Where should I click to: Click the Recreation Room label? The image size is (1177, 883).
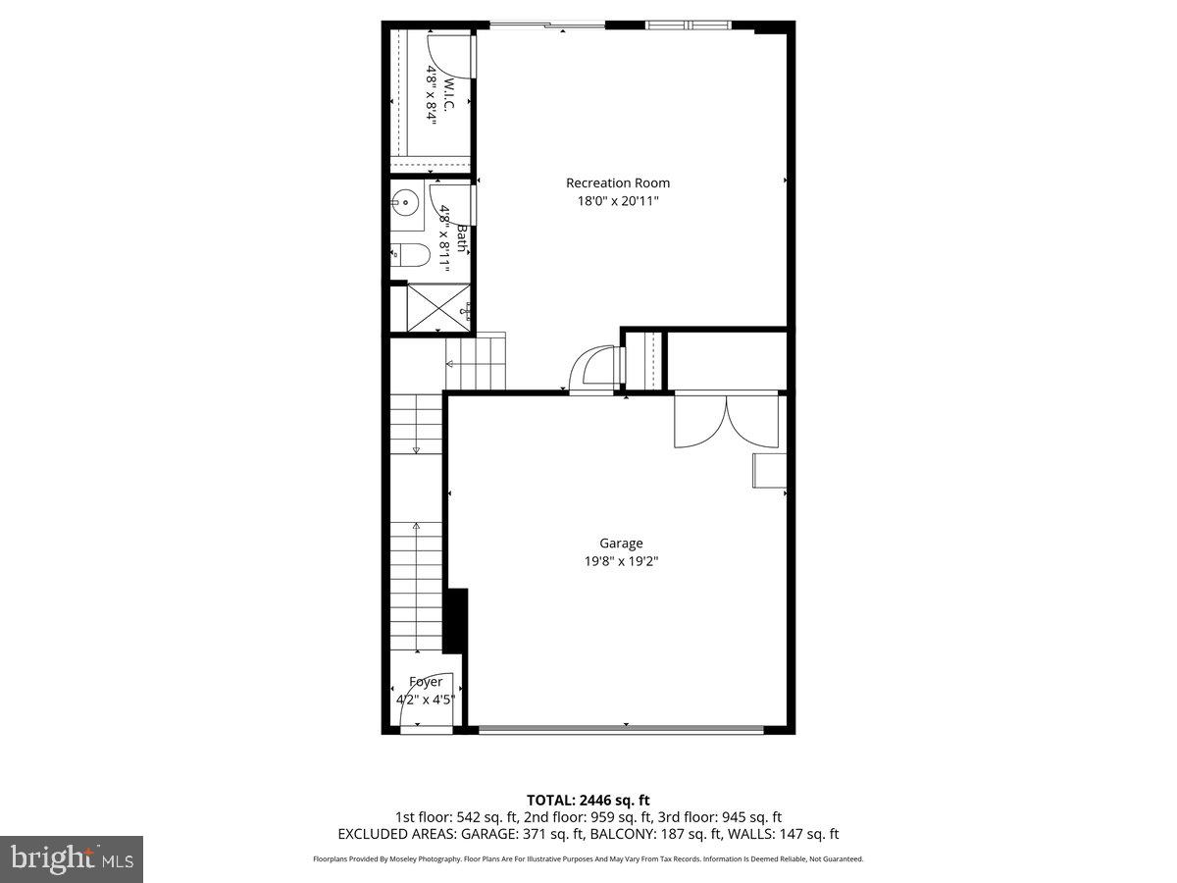click(x=618, y=182)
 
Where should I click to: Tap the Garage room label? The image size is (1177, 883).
click(x=622, y=543)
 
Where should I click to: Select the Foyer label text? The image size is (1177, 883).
click(x=426, y=682)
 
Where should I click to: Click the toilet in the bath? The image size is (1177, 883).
click(x=409, y=256)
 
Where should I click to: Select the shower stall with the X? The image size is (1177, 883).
click(x=438, y=308)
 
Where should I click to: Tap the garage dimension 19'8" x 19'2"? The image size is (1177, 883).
click(x=622, y=562)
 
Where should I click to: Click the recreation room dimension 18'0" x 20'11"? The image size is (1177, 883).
click(x=618, y=201)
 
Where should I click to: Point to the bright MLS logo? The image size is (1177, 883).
click(x=72, y=859)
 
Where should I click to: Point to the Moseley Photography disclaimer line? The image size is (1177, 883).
click(x=588, y=858)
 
